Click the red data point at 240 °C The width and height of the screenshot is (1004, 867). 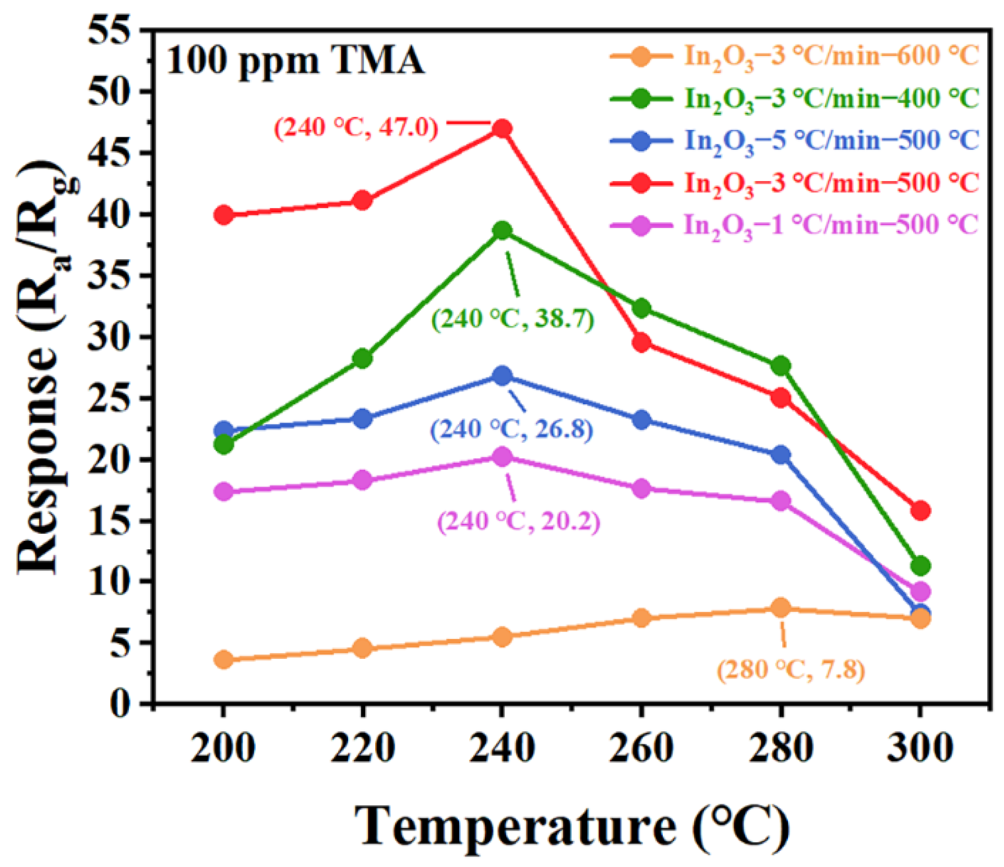[502, 129]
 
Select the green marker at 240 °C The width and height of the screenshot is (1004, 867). [502, 231]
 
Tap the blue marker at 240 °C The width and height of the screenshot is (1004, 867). [502, 376]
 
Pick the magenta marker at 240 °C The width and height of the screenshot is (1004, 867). [502, 456]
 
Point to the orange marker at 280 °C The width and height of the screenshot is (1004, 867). [781, 608]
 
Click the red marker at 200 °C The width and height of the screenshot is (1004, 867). [223, 215]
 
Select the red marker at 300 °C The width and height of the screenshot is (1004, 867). [921, 510]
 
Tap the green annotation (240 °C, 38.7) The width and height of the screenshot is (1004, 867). [512, 319]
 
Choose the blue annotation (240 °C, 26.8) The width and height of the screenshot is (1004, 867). [511, 430]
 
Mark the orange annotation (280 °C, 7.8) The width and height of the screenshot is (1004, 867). [791, 670]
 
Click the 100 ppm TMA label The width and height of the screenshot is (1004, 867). [295, 61]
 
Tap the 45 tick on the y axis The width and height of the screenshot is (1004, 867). [106, 153]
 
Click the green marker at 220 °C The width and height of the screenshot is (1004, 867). [363, 359]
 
